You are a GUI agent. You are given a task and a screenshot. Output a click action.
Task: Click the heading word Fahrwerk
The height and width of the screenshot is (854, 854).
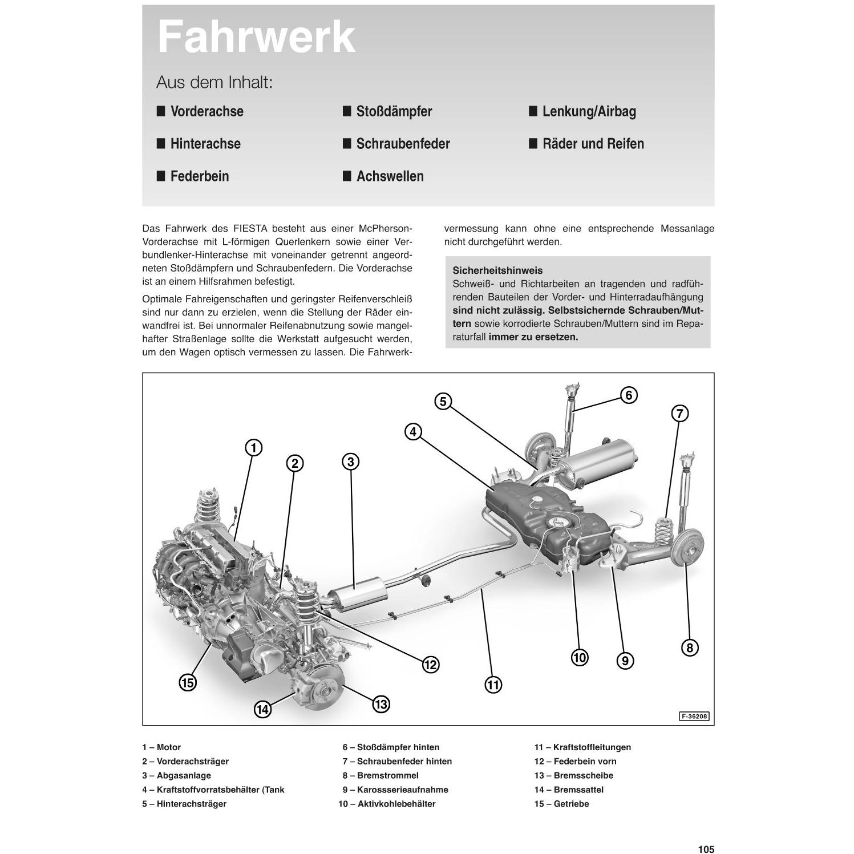tap(256, 38)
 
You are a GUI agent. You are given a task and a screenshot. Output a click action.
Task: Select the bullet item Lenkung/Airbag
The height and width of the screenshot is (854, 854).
tap(589, 111)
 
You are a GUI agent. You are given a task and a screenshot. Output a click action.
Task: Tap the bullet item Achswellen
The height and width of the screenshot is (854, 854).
tap(390, 176)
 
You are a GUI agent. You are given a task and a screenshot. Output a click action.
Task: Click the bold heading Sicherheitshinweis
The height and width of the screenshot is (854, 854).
tap(497, 270)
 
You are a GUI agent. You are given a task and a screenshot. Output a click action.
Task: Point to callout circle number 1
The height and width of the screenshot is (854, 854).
tap(253, 448)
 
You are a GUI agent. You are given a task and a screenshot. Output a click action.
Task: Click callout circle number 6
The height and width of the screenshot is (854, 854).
tap(628, 395)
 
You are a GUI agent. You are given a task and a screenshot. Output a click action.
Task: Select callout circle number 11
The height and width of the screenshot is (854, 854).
tap(493, 685)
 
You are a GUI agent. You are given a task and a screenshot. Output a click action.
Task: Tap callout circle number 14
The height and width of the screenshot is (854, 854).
tap(262, 710)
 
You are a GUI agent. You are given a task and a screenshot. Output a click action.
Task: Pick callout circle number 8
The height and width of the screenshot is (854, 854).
tap(690, 647)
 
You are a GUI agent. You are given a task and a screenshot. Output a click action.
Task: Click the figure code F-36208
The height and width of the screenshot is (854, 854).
tap(694, 717)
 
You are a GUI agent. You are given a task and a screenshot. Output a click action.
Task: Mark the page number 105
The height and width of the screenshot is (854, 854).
tap(706, 849)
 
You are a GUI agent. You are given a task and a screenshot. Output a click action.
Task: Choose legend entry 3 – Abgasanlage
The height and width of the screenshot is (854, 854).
tap(176, 775)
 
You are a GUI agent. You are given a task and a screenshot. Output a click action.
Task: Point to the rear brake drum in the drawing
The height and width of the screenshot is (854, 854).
tap(687, 548)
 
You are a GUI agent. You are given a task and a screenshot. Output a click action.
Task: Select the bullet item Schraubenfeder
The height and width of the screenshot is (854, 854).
tap(403, 144)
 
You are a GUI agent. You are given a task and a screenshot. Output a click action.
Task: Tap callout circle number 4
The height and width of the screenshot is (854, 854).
tap(413, 432)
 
